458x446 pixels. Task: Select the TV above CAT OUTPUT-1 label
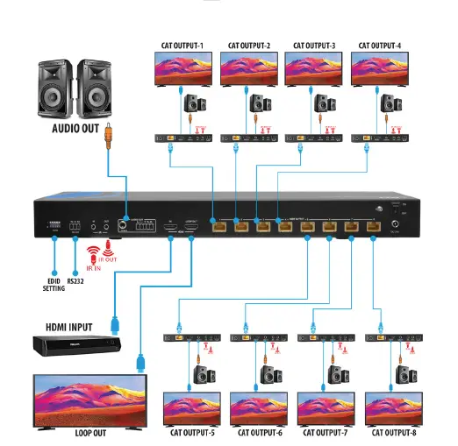point(179,67)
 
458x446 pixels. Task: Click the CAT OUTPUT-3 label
point(313,45)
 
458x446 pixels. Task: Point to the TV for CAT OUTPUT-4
point(379,67)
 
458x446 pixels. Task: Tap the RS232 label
point(77,283)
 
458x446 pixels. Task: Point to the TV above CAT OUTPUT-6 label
point(258,408)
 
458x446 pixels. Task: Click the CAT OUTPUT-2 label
point(248,45)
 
